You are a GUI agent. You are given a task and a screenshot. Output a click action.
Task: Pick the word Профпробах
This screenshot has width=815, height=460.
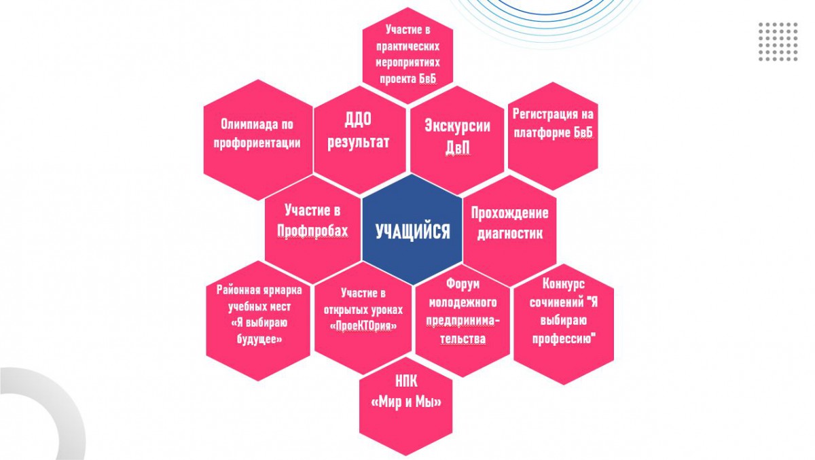(312, 231)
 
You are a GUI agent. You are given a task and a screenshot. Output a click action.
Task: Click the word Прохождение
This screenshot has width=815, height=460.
(509, 213)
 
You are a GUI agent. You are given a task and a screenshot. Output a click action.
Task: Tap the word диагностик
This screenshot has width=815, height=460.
(509, 233)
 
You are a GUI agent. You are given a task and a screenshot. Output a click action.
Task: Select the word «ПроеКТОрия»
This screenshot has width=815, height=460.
(363, 326)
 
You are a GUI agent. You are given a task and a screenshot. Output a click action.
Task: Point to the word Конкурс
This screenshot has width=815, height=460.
(564, 284)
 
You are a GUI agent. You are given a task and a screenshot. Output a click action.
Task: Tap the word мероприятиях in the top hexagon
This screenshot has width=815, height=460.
(408, 64)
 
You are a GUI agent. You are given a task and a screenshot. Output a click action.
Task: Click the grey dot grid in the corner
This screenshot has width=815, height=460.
(778, 41)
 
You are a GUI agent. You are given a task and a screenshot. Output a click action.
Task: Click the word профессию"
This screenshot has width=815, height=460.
(564, 338)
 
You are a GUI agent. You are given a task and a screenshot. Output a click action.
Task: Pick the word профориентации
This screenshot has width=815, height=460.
(256, 143)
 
